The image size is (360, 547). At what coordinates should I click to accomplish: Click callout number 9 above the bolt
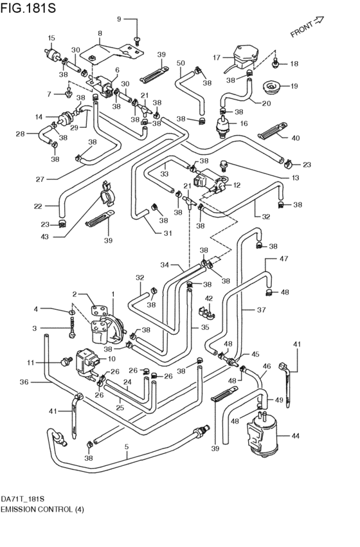pyautogui.click(x=118, y=19)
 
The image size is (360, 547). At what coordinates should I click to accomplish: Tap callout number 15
pyautogui.click(x=51, y=38)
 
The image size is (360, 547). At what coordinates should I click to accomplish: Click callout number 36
pyautogui.click(x=24, y=382)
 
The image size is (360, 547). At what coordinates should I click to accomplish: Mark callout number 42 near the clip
pyautogui.click(x=210, y=298)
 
